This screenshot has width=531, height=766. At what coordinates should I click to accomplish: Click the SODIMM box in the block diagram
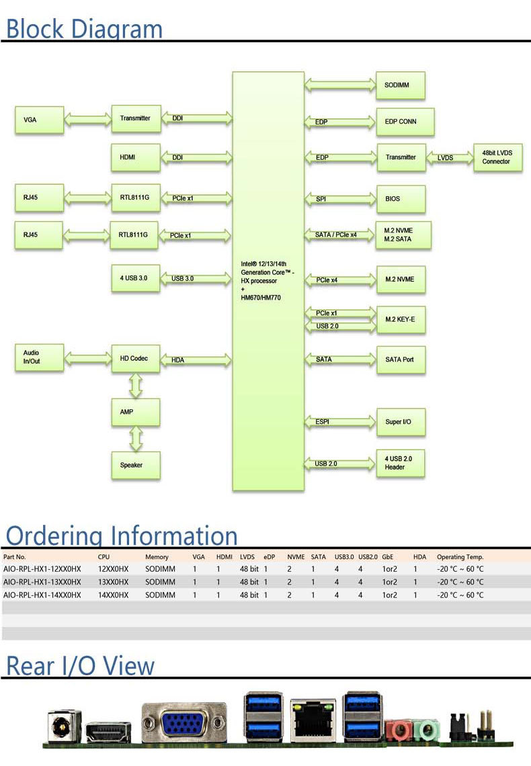(x=400, y=85)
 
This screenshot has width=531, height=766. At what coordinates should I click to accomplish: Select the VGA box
(x=39, y=120)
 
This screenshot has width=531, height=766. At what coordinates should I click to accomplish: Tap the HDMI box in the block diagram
(x=135, y=157)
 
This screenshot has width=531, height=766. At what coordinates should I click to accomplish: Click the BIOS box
(x=400, y=199)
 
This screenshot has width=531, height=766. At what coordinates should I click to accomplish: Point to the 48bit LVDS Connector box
(x=497, y=157)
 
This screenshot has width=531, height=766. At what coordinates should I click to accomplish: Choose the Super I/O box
(x=400, y=422)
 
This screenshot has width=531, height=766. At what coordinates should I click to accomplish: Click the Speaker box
(x=135, y=465)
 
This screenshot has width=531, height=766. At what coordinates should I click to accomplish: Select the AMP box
(x=135, y=411)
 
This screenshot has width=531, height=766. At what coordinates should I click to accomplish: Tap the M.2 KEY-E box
(x=400, y=319)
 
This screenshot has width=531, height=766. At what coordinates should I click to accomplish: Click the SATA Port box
(x=400, y=359)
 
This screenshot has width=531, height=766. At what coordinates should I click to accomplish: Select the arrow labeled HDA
(x=196, y=360)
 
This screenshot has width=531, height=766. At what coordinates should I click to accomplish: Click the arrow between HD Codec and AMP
(x=136, y=385)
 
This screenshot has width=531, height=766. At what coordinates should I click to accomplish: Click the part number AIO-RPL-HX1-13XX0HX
(x=42, y=582)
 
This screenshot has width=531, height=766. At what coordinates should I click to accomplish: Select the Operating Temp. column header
(x=460, y=557)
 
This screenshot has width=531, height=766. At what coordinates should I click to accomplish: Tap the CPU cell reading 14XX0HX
(x=113, y=595)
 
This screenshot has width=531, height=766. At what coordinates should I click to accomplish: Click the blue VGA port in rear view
(x=183, y=724)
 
